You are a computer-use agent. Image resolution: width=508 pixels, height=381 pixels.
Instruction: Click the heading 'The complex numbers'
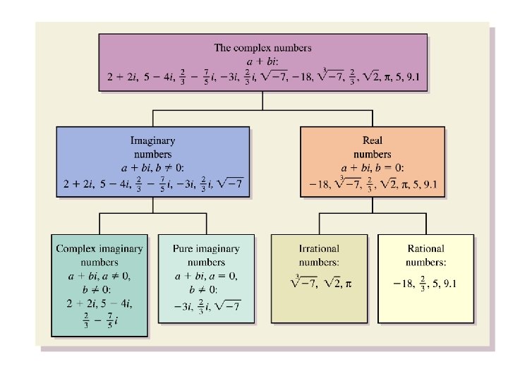(x=262, y=48)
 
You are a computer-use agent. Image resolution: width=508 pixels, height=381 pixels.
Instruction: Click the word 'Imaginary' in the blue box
(x=152, y=141)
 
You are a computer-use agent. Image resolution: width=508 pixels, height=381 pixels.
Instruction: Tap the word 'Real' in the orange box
(x=372, y=141)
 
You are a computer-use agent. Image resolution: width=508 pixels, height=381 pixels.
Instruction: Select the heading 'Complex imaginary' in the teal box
(x=99, y=248)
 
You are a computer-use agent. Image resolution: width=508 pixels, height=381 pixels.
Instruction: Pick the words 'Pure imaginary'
(x=206, y=248)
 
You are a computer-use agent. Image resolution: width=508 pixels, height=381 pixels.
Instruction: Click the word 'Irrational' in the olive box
(x=319, y=248)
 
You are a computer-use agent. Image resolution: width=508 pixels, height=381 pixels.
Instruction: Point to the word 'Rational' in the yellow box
(x=426, y=248)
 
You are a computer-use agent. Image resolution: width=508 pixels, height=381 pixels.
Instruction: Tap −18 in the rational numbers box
(x=403, y=284)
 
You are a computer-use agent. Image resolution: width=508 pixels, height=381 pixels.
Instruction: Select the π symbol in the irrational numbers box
(x=348, y=284)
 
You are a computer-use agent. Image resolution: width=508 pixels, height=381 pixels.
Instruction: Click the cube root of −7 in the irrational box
(x=303, y=283)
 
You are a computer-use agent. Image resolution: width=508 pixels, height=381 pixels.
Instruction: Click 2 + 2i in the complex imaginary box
(x=78, y=304)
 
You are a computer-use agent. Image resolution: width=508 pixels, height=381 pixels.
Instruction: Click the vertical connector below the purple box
(x=262, y=101)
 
